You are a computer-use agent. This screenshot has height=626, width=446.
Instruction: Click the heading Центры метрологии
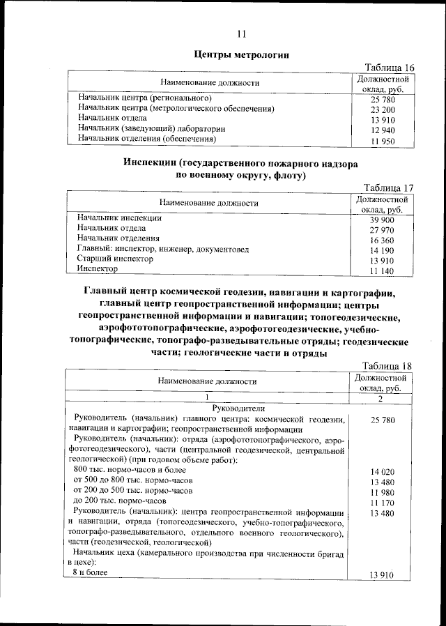pyautogui.click(x=241, y=54)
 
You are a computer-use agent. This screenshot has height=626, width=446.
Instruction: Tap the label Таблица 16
pyautogui.click(x=390, y=68)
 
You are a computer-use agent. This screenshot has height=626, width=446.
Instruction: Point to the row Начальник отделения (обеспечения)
pyautogui.click(x=146, y=138)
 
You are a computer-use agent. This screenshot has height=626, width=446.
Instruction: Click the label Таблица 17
pyautogui.click(x=390, y=188)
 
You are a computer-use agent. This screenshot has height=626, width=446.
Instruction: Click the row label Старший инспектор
pyautogui.click(x=115, y=258)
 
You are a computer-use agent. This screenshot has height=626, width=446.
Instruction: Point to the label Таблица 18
pyautogui.click(x=390, y=367)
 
